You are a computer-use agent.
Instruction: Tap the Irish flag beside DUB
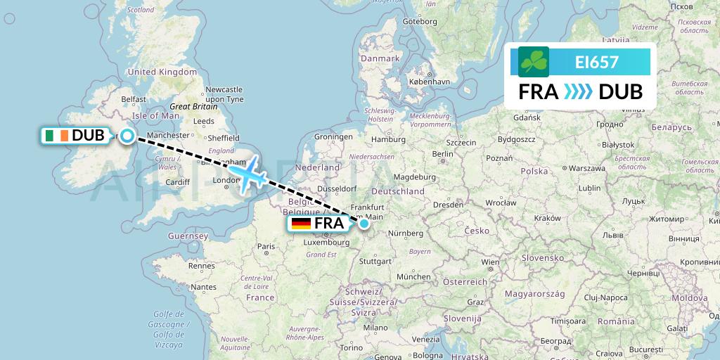point(56,136)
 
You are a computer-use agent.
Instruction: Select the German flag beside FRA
point(301,224)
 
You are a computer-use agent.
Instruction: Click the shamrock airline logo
point(534,62)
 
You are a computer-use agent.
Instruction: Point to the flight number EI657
point(596,63)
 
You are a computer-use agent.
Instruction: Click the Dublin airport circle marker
point(127,136)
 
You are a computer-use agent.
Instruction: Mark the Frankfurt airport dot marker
point(364,224)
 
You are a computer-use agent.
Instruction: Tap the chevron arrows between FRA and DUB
point(579,92)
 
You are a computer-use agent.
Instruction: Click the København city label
point(429,82)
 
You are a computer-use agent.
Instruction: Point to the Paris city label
point(266,246)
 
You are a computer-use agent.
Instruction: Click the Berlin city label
point(442,154)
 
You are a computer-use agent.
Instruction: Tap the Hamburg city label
point(389,140)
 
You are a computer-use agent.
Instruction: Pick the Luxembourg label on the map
point(327,243)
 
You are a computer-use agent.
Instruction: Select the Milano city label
point(375,328)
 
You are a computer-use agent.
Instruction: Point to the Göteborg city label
point(420,22)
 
